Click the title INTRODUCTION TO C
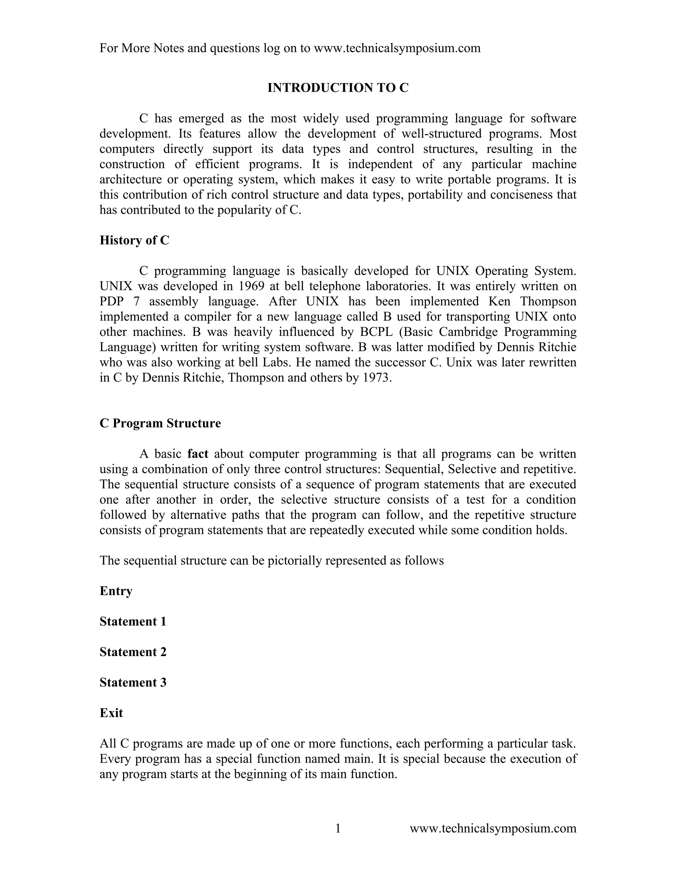point(338,88)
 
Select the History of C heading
point(134,240)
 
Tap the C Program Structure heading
point(160,423)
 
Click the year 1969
point(252,286)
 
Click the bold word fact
point(198,454)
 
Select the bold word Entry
point(116,591)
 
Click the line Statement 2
point(133,652)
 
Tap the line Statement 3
point(133,682)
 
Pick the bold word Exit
point(111,713)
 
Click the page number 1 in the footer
point(338,828)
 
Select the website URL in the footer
point(493,828)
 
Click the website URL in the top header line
point(397,48)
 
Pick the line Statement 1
point(133,621)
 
